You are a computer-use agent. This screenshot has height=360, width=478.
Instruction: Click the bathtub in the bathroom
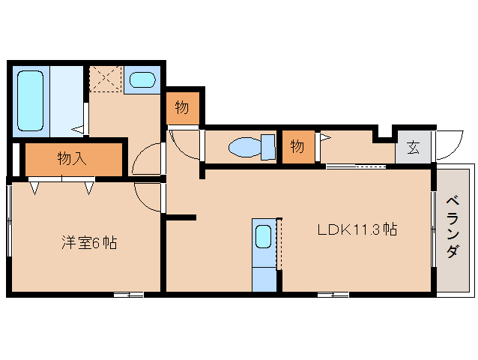30,100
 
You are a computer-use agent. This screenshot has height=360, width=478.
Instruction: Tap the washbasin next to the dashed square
142,80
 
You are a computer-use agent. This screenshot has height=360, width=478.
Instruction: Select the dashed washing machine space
106,79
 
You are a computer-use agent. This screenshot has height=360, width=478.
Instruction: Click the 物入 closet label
72,159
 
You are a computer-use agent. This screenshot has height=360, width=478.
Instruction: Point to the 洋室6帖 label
89,242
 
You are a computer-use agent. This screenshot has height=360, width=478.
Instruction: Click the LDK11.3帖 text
357,229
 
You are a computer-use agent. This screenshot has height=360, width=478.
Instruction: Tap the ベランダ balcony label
453,227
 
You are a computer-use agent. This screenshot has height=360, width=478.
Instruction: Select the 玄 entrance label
413,147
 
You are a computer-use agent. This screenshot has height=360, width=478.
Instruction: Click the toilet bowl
245,147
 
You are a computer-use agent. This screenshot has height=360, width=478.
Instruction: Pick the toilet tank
268,147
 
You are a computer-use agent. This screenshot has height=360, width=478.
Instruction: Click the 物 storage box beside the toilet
298,147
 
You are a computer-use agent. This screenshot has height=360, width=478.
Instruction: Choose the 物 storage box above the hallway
182,108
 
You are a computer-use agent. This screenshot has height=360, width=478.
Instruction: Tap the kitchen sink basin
264,236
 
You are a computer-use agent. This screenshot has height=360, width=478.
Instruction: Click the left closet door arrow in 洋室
34,188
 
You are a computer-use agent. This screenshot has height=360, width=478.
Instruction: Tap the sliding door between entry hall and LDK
356,166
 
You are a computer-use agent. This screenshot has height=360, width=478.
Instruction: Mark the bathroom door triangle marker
78,129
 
